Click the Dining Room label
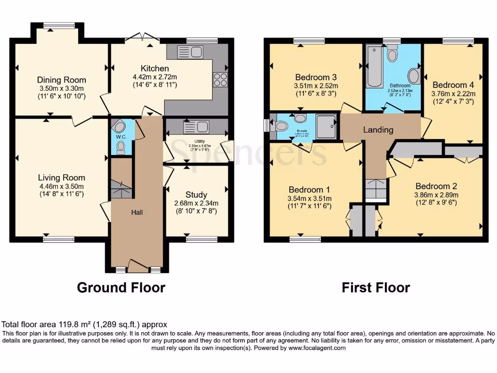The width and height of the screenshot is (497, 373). (x=62, y=80)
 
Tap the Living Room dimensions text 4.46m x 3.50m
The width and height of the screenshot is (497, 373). (x=62, y=186)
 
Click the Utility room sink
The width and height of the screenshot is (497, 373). (x=189, y=127)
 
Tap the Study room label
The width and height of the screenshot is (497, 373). (x=196, y=195)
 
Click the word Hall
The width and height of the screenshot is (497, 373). (x=137, y=212)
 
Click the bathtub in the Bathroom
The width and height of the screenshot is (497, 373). (x=374, y=66)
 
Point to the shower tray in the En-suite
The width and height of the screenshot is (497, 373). (x=326, y=126)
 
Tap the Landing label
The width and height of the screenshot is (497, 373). (x=378, y=130)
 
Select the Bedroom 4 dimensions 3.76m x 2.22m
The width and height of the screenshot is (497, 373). (x=453, y=93)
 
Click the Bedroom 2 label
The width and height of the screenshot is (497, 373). (x=436, y=186)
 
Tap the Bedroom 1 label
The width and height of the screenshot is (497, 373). (x=309, y=189)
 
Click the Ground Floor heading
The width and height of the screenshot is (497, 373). (x=121, y=288)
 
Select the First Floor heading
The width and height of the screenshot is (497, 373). (x=376, y=288)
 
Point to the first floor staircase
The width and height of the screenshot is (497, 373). (x=376, y=189)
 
